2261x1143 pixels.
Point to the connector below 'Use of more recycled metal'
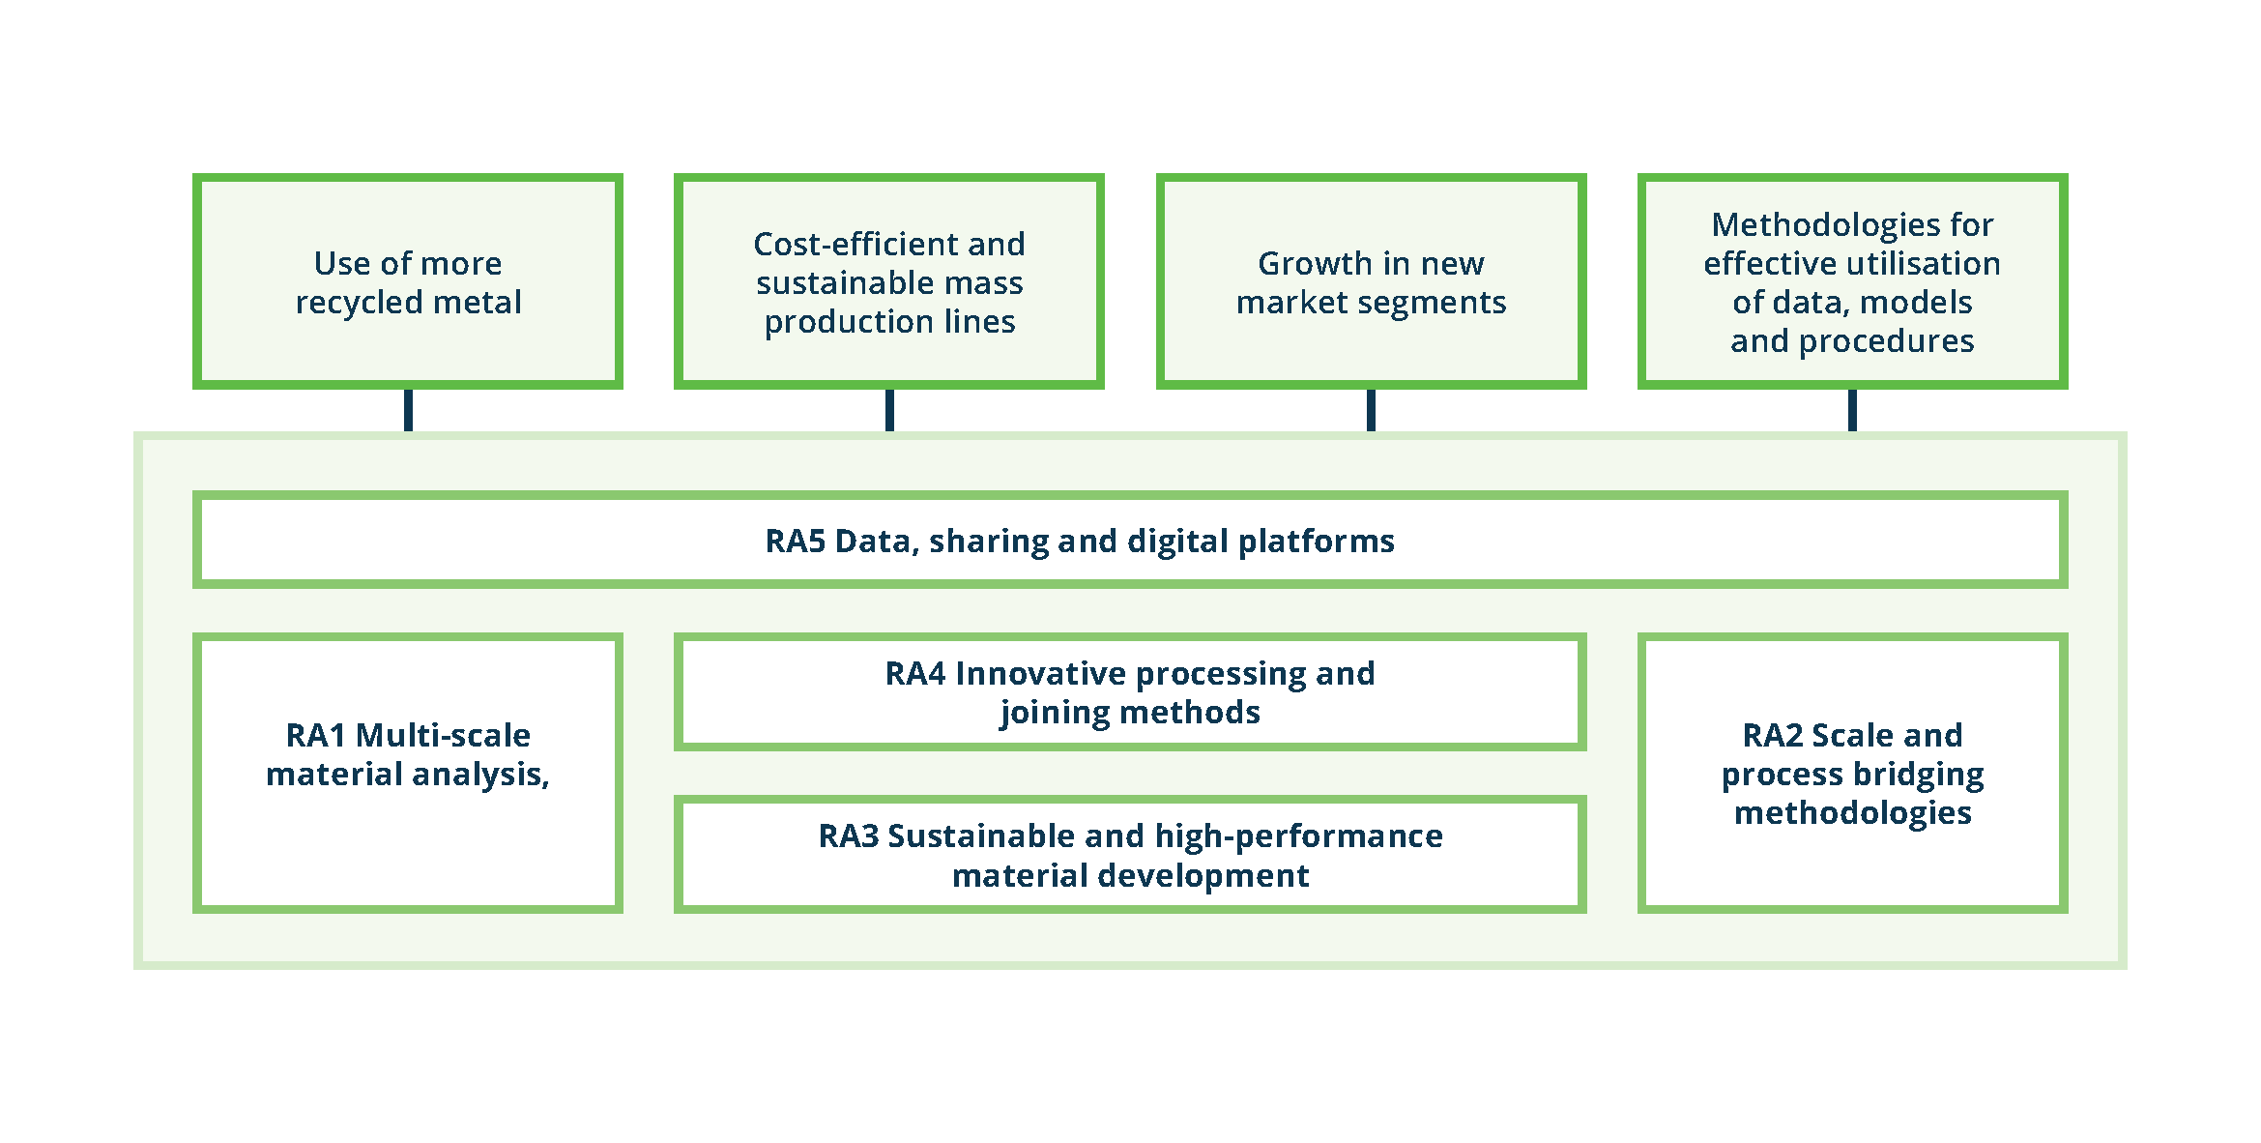[x=408, y=410]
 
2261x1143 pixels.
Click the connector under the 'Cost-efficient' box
[x=889, y=410]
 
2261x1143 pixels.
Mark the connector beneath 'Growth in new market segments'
[x=1371, y=410]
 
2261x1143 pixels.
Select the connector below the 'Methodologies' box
[x=1852, y=410]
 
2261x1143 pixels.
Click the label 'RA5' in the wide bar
[x=795, y=541]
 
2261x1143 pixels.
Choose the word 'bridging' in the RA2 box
[x=1918, y=775]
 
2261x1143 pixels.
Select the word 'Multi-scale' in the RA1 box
[x=443, y=735]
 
